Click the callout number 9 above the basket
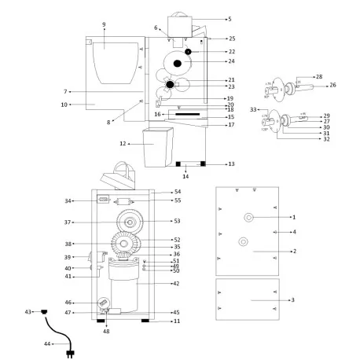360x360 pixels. click(x=104, y=24)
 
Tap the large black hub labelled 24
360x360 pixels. click(x=178, y=62)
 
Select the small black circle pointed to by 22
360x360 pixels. click(x=189, y=51)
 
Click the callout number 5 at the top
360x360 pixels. click(x=230, y=18)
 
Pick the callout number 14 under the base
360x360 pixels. click(x=186, y=176)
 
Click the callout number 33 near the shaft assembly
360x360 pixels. click(x=253, y=109)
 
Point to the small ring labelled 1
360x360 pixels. click(x=248, y=217)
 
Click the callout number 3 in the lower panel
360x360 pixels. click(x=293, y=300)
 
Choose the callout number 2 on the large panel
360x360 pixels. click(x=293, y=251)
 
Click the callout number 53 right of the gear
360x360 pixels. click(x=177, y=221)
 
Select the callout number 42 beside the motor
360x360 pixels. click(x=176, y=283)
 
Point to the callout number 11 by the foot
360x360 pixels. click(x=176, y=321)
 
